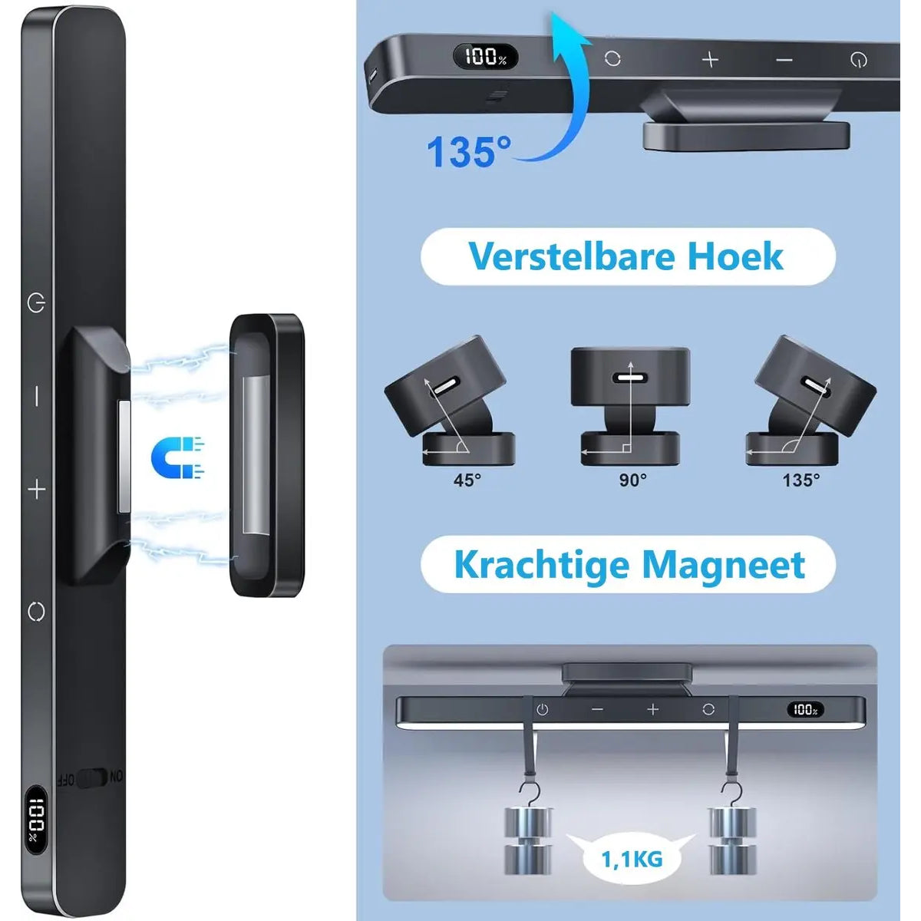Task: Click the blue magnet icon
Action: pos(177,457)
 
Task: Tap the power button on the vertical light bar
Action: pos(37,303)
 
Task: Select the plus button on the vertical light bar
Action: pos(37,490)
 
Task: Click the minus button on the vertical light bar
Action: pos(37,396)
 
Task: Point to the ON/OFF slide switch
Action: pos(91,777)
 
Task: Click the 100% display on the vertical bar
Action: pos(36,823)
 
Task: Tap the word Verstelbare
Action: pos(572,256)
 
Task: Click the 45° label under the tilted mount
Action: pos(467,480)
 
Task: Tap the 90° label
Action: pos(632,480)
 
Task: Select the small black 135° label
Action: pos(801,480)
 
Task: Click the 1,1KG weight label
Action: pos(632,860)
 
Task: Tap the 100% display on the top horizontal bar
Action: pos(486,56)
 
